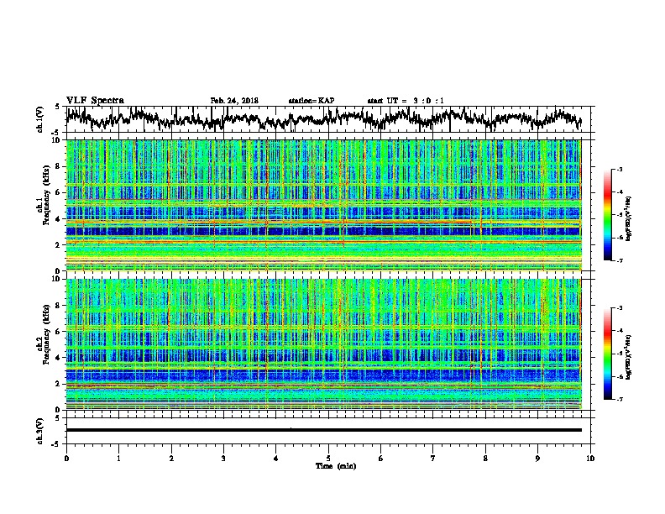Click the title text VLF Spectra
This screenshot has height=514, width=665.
click(95, 100)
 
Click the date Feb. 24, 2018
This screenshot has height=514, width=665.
click(234, 101)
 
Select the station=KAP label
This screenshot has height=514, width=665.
click(312, 101)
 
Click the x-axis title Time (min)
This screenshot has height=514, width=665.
click(328, 465)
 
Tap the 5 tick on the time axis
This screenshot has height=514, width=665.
click(328, 458)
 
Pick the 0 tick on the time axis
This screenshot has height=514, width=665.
click(66, 458)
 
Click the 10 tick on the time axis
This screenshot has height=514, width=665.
click(591, 458)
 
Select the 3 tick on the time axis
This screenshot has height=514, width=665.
click(223, 458)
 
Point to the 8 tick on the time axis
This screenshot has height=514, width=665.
click(486, 458)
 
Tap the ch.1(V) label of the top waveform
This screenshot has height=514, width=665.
click(40, 120)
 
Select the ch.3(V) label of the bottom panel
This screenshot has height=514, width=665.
click(40, 430)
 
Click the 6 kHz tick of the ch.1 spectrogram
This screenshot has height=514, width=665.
click(59, 192)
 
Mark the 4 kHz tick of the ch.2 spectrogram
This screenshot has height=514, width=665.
click(59, 358)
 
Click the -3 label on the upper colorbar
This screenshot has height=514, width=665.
click(619, 170)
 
